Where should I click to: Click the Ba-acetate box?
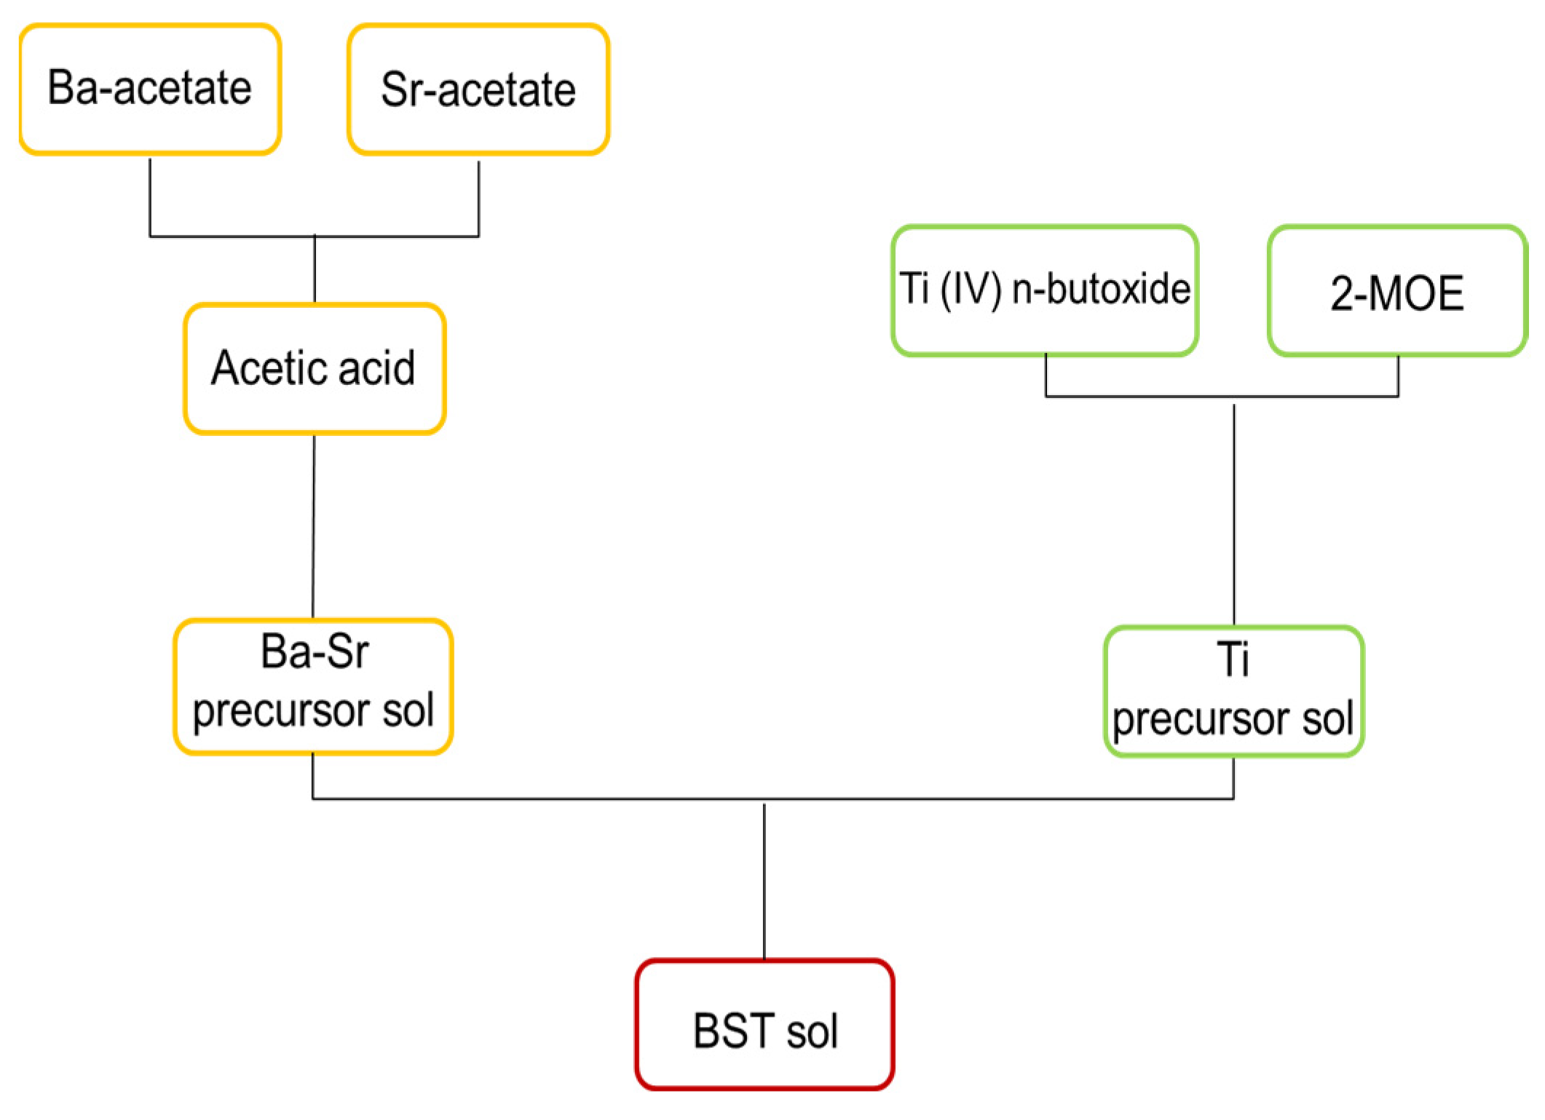[150, 89]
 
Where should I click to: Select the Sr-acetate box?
[478, 90]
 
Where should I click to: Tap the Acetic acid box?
[314, 368]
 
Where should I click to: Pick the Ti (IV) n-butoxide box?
[1045, 290]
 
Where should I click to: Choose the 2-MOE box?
[1397, 292]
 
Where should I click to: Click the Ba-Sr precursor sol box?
[313, 686]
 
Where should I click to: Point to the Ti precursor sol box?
[1233, 691]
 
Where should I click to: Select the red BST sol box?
[764, 1024]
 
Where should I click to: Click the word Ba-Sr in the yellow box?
[315, 651]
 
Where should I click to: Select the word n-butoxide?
[1101, 289]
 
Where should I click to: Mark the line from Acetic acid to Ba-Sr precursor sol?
[314, 524]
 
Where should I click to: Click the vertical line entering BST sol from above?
[764, 881]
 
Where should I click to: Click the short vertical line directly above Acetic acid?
[315, 269]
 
